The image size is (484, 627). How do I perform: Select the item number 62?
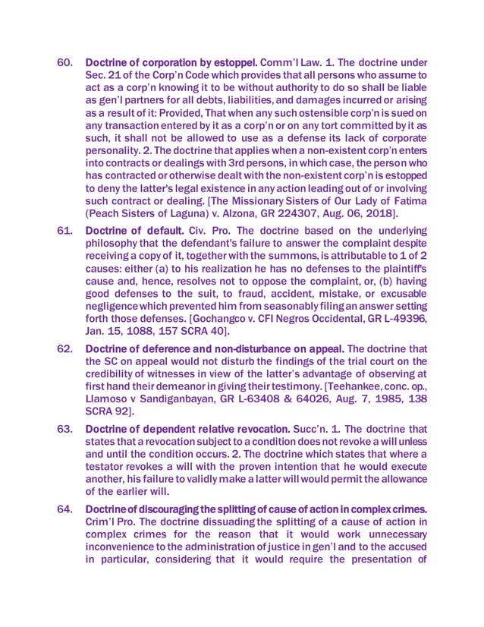tap(68, 348)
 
